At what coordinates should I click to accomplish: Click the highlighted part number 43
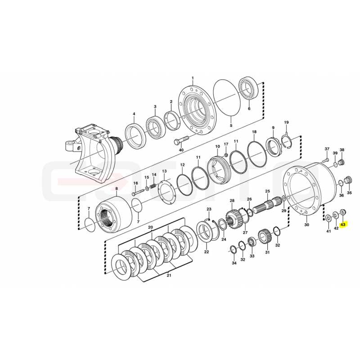[x=343, y=224]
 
